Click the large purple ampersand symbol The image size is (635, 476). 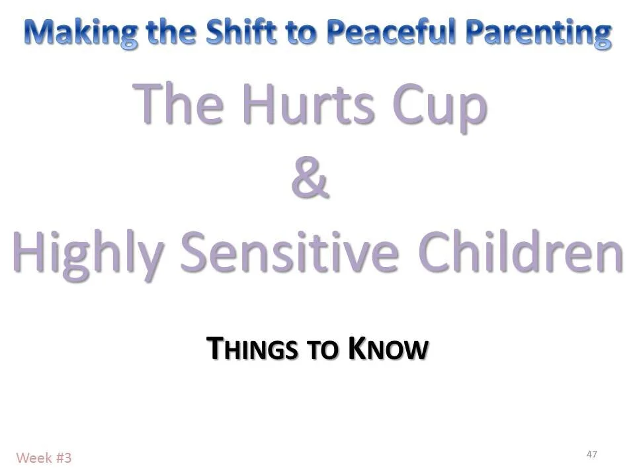[x=310, y=180]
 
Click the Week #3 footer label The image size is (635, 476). [x=44, y=457]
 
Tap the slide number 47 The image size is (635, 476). [x=591, y=454]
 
